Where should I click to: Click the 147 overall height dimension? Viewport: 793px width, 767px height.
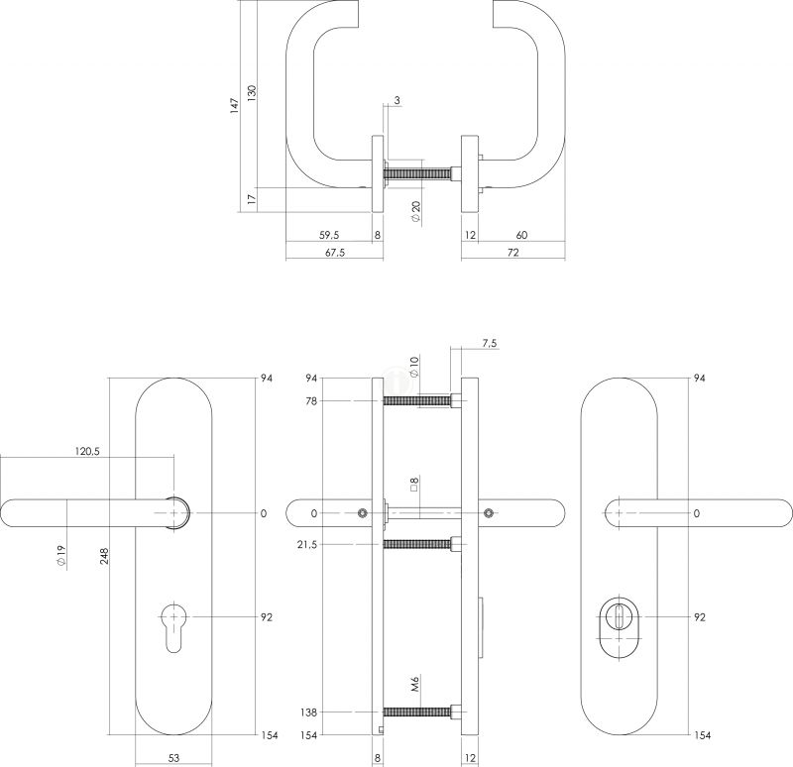pos(234,106)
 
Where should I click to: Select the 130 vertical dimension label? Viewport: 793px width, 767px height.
pos(252,93)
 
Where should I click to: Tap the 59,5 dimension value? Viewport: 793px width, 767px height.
pos(329,235)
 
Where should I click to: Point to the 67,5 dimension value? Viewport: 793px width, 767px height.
pos(335,253)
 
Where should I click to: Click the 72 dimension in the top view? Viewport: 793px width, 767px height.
pos(512,253)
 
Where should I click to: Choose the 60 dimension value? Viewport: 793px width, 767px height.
pos(521,235)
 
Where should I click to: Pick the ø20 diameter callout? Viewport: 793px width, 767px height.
pos(415,211)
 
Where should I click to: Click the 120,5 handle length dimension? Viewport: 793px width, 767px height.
pos(87,451)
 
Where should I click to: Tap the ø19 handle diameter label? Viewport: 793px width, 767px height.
pos(61,556)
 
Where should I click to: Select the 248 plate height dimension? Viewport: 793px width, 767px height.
pos(105,556)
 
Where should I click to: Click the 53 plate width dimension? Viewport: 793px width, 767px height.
pos(172,758)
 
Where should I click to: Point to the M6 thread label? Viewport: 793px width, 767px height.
pos(415,685)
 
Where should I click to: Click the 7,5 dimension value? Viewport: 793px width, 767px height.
pos(489,343)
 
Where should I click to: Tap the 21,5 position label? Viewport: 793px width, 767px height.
pos(308,545)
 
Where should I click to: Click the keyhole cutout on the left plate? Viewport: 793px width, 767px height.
pos(173,626)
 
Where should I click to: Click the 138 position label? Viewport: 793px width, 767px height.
pos(308,712)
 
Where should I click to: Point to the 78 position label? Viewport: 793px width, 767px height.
pos(311,401)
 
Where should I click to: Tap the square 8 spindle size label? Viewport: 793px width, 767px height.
pos(414,485)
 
